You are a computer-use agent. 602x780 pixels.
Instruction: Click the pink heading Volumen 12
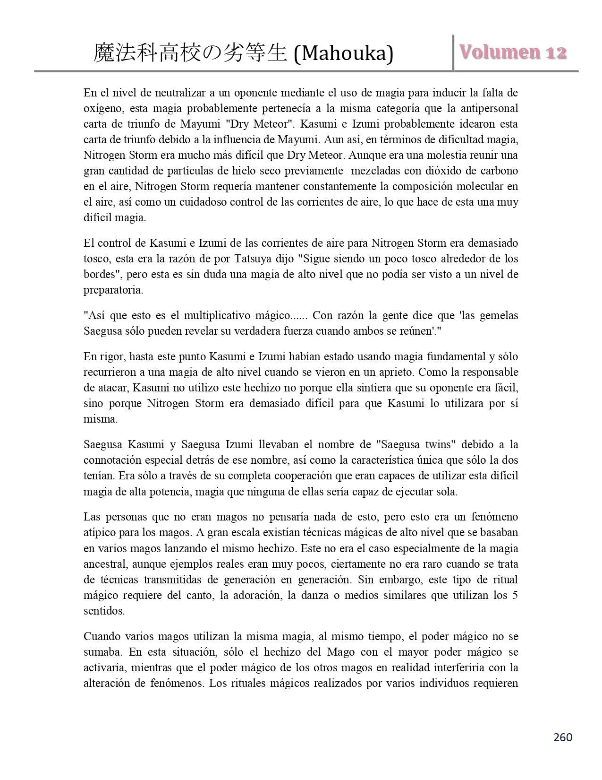pos(512,52)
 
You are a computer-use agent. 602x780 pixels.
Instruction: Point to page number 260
pos(562,737)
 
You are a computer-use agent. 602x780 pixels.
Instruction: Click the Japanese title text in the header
pos(191,53)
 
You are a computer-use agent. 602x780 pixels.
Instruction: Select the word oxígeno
pos(102,109)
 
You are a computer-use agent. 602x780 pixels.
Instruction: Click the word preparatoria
pos(113,290)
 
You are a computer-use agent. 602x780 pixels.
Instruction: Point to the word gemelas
pos(499,315)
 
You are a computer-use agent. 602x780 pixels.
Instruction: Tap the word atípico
pos(98,532)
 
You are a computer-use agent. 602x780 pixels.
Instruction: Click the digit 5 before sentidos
pos(515,595)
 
